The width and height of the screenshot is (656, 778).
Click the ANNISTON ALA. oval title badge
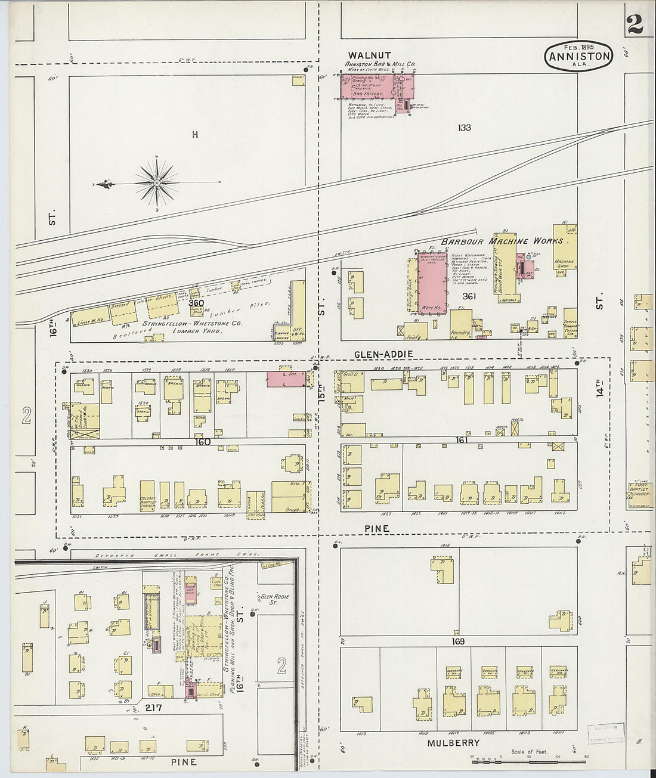tap(578, 57)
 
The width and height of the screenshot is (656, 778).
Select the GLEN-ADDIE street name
tap(383, 354)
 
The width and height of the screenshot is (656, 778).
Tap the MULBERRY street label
tap(453, 743)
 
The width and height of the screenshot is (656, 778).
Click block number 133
tap(465, 128)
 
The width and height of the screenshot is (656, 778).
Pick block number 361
tap(468, 296)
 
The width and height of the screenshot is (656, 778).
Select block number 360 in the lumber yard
tap(196, 303)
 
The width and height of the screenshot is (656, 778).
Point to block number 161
tap(461, 440)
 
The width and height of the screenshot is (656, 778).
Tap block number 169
tap(457, 642)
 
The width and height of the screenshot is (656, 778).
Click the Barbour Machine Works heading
tap(509, 241)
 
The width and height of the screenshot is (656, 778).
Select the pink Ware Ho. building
tap(432, 283)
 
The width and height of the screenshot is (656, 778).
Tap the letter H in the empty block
tap(194, 135)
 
